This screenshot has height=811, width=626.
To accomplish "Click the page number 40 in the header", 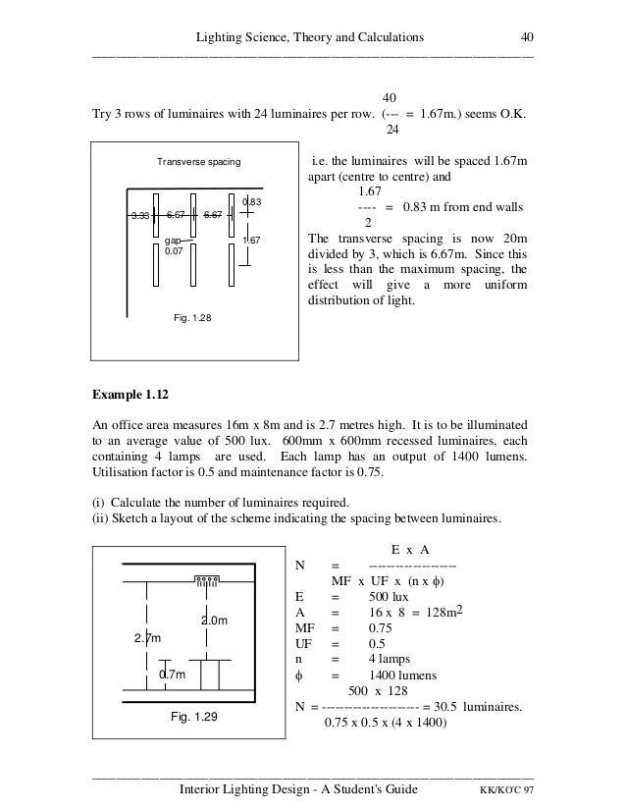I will point(526,37).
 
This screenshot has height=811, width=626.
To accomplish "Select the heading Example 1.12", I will point(131,396).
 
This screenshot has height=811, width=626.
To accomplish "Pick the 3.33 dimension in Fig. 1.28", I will point(142,214).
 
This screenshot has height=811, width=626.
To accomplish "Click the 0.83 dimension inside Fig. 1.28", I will point(250,202).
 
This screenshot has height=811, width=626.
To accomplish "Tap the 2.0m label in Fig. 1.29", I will point(214,621).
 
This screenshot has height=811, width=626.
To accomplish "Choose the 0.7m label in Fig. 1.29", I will point(173,676).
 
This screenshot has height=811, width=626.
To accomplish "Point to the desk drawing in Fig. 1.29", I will point(209,676).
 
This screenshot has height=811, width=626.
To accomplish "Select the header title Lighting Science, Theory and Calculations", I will point(310,37).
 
